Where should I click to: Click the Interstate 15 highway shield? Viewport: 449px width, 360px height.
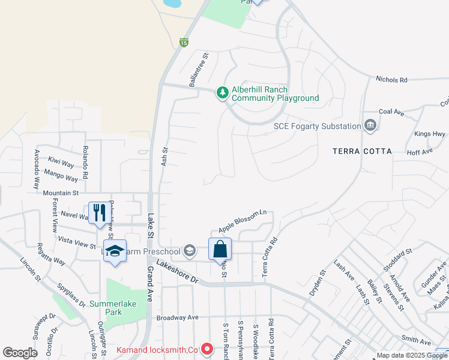pos(184,42)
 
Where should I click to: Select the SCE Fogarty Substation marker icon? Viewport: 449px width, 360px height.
pos(370,125)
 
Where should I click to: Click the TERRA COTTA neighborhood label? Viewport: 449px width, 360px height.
pos(362,151)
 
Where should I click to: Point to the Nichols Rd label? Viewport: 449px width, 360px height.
pos(391,79)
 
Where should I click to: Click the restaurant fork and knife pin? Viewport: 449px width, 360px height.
pos(98,213)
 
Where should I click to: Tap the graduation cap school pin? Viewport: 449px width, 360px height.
pos(114,251)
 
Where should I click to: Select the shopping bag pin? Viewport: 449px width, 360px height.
pos(220,248)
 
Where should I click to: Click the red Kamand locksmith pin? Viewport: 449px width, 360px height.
pos(207,348)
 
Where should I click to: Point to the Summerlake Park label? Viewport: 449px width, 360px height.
pos(114,308)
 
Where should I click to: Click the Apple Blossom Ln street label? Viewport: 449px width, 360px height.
pos(242,221)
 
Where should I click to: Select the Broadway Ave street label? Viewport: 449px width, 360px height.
pos(177,317)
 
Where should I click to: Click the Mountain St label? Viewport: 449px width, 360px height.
pos(61,193)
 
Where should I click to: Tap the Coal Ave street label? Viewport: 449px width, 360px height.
pos(391,112)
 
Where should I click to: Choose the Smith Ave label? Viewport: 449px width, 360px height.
pos(417,341)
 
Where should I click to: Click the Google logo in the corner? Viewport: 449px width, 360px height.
pos(20,353)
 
